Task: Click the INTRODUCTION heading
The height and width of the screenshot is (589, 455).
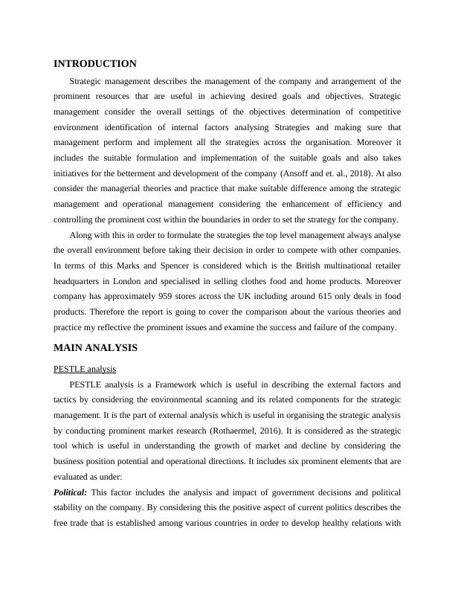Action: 95,64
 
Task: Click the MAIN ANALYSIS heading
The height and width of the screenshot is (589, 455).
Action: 96,347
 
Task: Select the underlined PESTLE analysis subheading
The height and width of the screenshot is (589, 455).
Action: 85,368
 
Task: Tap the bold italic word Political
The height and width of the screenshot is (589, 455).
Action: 71,492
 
